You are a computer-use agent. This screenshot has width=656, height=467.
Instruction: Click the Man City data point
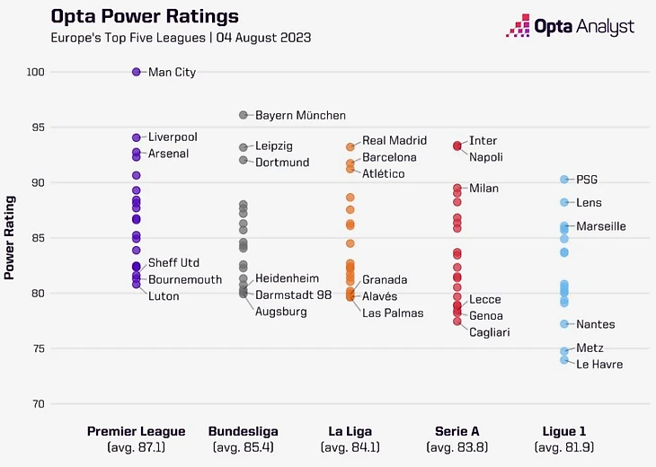[x=137, y=72]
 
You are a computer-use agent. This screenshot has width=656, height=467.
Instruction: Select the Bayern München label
[x=300, y=116]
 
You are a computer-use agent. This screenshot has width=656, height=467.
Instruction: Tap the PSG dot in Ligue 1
[x=564, y=180]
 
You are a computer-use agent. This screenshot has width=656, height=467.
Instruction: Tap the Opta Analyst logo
[x=570, y=27]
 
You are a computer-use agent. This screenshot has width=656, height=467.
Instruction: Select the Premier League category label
[x=136, y=431]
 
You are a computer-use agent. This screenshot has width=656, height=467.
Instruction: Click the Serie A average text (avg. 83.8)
[x=457, y=446]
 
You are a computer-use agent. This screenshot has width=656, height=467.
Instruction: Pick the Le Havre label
[x=599, y=365]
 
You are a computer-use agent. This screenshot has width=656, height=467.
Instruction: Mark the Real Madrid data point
[x=350, y=147]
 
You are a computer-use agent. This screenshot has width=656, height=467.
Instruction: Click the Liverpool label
[x=173, y=137]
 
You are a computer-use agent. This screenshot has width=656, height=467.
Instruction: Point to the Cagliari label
[x=490, y=332]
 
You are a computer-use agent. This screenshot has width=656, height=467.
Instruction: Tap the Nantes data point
[x=564, y=324]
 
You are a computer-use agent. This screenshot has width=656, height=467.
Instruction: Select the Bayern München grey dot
[x=244, y=115]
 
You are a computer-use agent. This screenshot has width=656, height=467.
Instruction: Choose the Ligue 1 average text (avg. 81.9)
[x=564, y=446]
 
